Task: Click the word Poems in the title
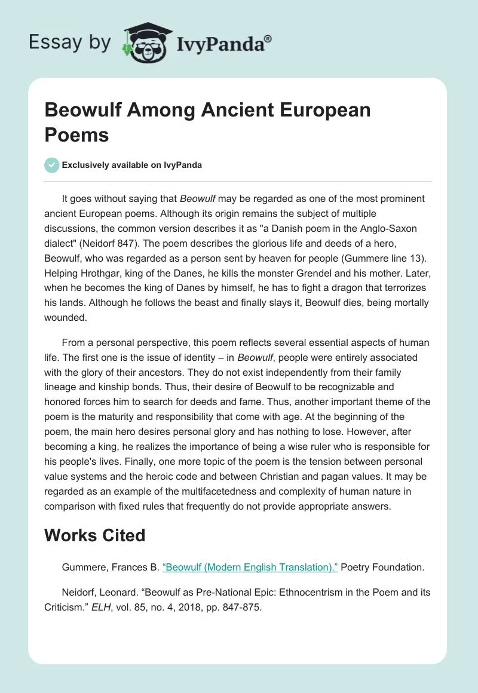point(76,134)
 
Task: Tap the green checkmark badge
point(52,165)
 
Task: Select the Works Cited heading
point(95,535)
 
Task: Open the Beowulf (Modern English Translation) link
point(250,567)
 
